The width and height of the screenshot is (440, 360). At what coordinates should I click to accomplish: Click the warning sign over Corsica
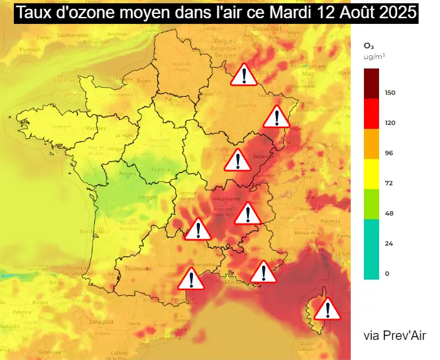[x=327, y=308]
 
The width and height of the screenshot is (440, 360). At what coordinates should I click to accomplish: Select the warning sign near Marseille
[x=263, y=272]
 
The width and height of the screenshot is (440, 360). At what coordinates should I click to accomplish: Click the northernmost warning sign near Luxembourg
[x=244, y=74]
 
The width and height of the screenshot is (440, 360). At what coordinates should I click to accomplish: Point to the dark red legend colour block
[x=371, y=84]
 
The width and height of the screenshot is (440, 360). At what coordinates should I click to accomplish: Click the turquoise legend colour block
[x=371, y=249]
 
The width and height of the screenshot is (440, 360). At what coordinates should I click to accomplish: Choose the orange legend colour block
[x=371, y=144]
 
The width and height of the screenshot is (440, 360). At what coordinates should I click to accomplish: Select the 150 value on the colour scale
[x=390, y=93]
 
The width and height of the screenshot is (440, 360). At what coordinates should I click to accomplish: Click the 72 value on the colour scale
[x=389, y=183]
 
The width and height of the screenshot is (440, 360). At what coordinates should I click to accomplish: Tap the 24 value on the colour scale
[x=389, y=244]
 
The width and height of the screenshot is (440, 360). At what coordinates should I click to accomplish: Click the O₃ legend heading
[x=369, y=45]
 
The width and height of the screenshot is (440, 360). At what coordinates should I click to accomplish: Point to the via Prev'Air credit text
[x=394, y=335]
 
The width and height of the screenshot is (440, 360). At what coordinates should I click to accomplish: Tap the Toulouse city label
[x=137, y=268]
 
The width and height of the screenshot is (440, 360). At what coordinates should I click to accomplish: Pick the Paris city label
[x=169, y=99]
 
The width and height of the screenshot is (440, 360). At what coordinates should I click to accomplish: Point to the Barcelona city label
[x=168, y=337]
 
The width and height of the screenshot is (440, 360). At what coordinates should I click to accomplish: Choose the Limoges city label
[x=148, y=197]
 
